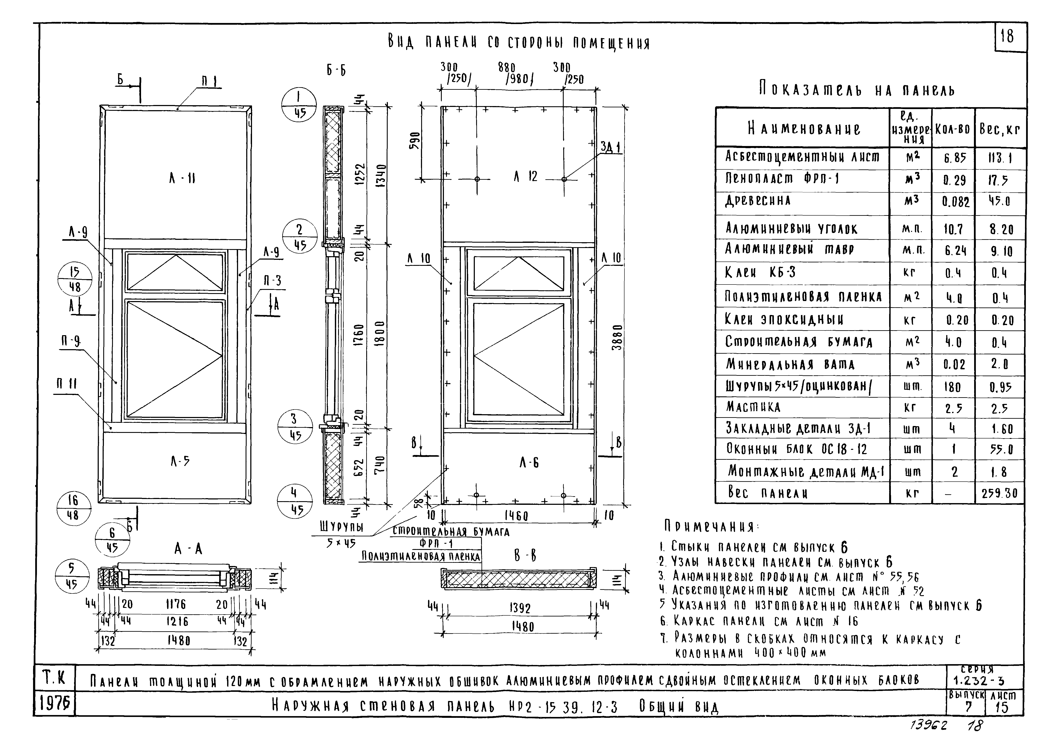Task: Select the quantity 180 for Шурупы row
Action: point(952,386)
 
